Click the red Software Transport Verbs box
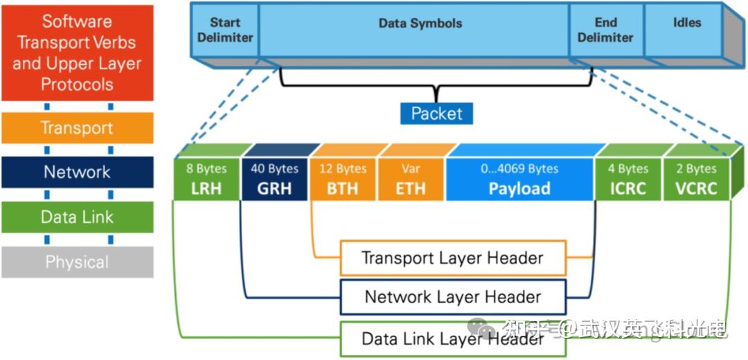coord(77,53)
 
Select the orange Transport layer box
coord(77,128)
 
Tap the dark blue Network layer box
coord(77,172)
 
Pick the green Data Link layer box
coord(77,217)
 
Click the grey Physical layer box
coord(77,262)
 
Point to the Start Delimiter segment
coord(225,30)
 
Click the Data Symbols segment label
coord(420,24)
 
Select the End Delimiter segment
coord(605,30)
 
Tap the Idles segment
coord(686,24)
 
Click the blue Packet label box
coord(436,113)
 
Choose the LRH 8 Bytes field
coord(206,179)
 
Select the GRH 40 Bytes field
coord(274,179)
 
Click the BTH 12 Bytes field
coord(343,179)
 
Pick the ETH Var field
coord(411,179)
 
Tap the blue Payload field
coord(519,179)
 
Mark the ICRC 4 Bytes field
coord(627,179)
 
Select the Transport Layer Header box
coord(453,258)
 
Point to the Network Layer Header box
coord(453,298)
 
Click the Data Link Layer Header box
coord(453,339)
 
